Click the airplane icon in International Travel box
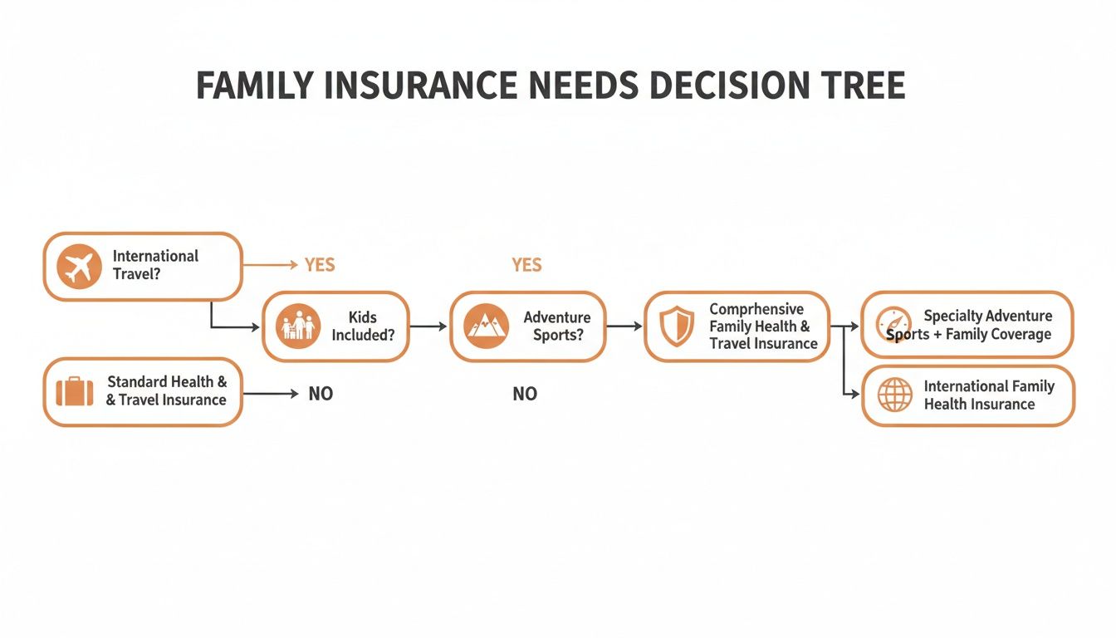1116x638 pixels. click(79, 267)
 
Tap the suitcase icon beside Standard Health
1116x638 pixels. click(75, 391)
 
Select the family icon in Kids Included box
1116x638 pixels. click(298, 326)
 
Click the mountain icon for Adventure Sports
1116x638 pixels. click(486, 326)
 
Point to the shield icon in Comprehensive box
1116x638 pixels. click(677, 326)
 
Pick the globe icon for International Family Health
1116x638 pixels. click(894, 395)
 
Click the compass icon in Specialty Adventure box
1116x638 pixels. click(893, 324)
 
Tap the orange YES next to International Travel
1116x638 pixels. click(319, 265)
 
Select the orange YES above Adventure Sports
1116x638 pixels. click(526, 265)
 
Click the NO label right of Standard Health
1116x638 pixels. click(321, 394)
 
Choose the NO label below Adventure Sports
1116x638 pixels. click(525, 394)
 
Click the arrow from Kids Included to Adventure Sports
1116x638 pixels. click(428, 326)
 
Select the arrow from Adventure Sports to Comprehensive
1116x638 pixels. click(624, 326)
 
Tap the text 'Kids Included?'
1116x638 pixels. click(363, 326)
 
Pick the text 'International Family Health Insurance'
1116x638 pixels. click(988, 395)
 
